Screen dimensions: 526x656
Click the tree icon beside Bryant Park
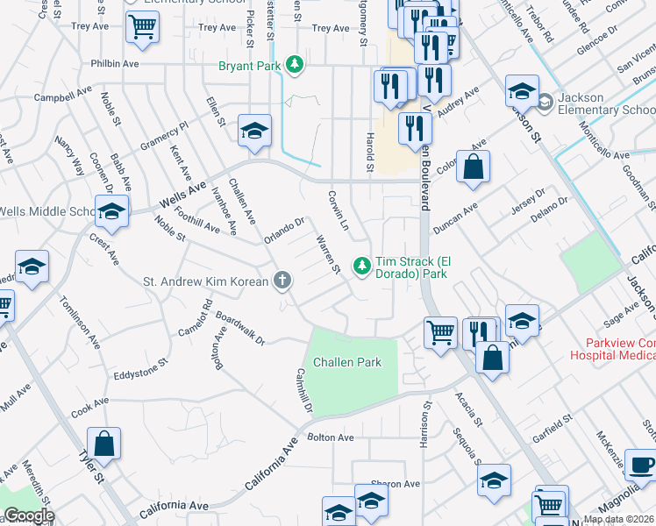point(296,64)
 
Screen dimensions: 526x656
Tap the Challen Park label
point(346,362)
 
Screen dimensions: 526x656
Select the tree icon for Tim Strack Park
point(360,264)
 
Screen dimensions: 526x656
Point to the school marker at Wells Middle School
point(111,211)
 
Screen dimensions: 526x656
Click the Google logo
point(28,515)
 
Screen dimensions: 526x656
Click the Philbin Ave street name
point(114,64)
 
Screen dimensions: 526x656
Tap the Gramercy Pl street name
point(164,137)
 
